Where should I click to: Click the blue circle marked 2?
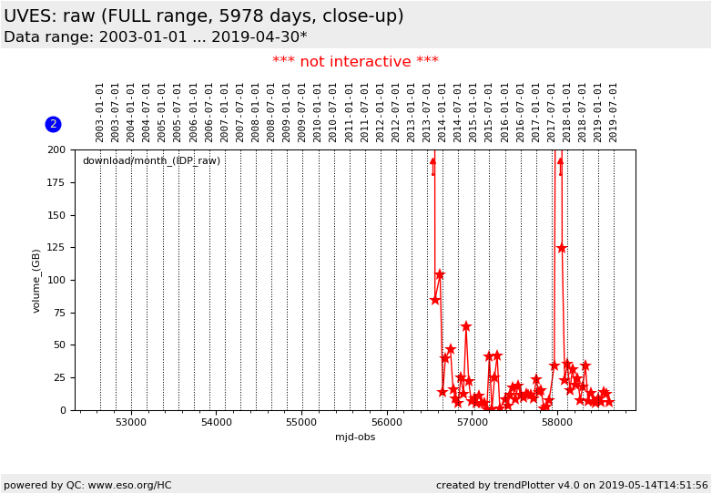point(53,124)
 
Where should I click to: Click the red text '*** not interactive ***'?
point(355,62)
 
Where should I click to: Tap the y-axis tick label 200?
point(56,150)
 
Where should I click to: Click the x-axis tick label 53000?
point(131,423)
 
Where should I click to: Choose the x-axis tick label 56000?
point(387,423)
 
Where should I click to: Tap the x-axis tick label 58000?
point(557,423)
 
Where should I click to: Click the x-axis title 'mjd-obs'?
point(355,437)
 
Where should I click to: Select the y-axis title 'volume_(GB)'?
point(37,280)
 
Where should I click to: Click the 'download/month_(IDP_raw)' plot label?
point(151,161)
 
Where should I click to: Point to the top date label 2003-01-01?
point(100,112)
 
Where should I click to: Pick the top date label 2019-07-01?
point(614,112)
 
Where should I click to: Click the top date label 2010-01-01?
point(318,112)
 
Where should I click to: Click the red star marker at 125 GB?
point(561,248)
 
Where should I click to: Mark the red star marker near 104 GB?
point(439,274)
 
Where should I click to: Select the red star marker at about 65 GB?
point(465,325)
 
